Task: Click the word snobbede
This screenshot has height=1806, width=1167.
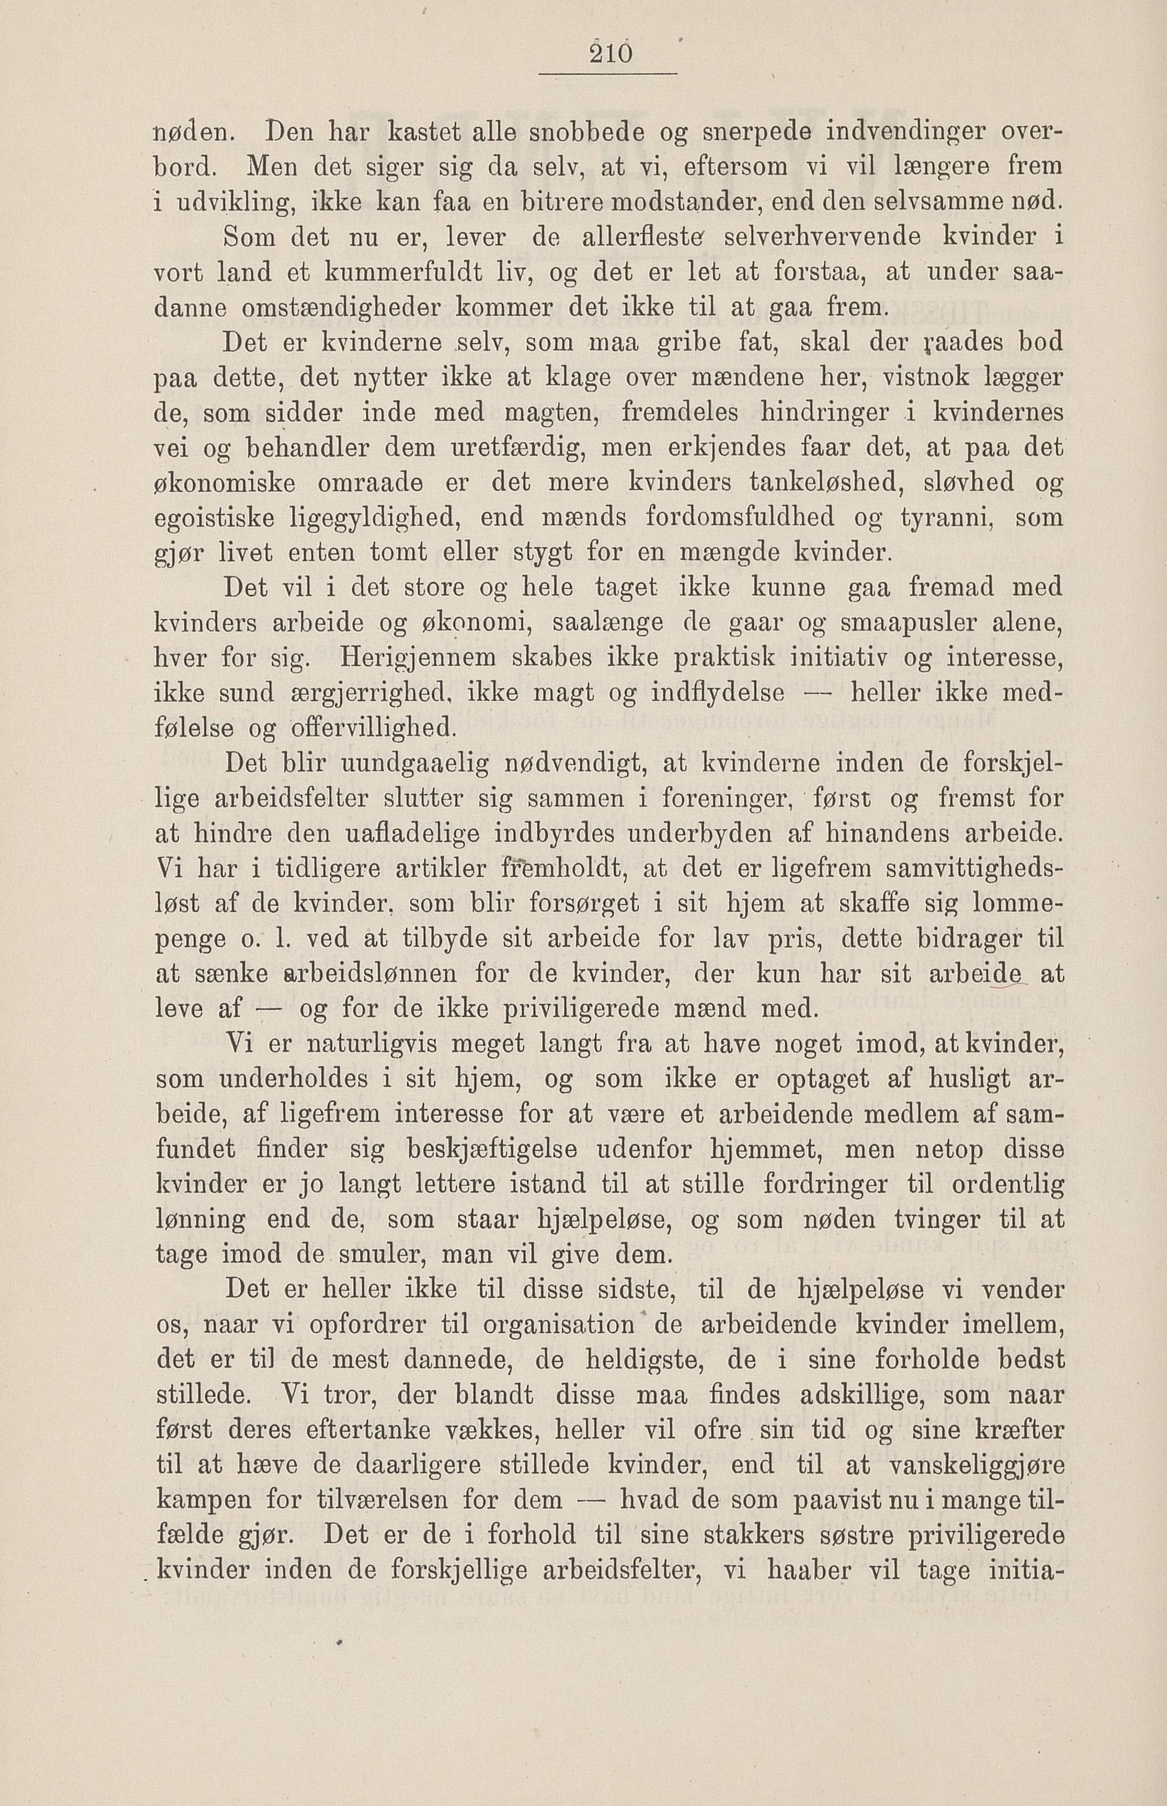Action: [580, 131]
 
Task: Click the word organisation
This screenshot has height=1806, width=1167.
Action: [559, 1325]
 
